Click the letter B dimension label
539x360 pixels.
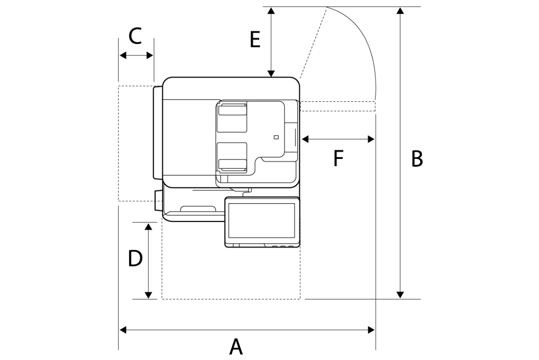(x=417, y=159)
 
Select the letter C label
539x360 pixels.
(x=135, y=36)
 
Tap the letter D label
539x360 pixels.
(x=135, y=258)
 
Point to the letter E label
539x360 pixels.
(x=255, y=39)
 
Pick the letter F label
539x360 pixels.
(x=338, y=158)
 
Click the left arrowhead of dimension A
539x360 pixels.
(x=123, y=330)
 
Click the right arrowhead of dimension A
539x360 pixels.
(x=371, y=330)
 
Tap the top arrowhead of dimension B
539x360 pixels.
(x=400, y=11)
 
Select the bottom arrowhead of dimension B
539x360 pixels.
(x=400, y=295)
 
